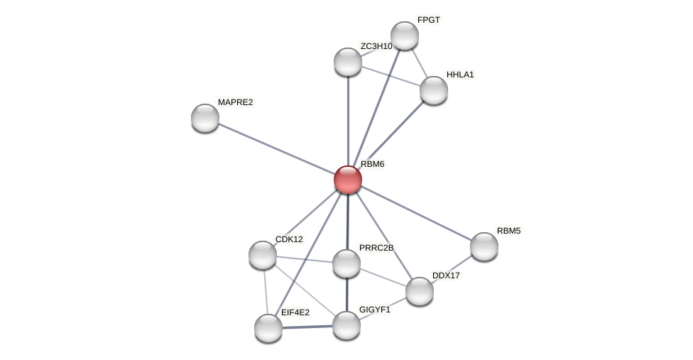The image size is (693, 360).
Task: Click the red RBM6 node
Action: [348, 180]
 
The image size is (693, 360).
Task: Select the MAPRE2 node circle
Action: [205, 118]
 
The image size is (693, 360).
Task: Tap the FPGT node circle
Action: [405, 36]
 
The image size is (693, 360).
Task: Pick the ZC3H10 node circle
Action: [348, 62]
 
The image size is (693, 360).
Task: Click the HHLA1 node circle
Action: [434, 90]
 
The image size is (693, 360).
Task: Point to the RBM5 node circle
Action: [484, 246]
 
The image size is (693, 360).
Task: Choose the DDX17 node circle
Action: [420, 291]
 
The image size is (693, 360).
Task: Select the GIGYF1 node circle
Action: [346, 325]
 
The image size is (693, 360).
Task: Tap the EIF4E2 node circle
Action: [268, 328]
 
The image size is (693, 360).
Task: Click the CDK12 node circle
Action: [263, 255]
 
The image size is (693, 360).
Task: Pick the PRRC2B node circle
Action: [346, 263]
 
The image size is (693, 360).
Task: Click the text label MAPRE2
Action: [235, 102]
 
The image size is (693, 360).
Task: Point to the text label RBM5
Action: [508, 231]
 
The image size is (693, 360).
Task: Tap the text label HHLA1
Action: [460, 75]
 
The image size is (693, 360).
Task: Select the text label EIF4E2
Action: [295, 312]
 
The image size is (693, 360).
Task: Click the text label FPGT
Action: [429, 20]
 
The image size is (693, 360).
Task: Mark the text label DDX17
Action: [447, 276]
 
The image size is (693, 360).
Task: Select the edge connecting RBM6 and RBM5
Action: [416, 213]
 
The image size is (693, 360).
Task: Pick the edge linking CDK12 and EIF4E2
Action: [266, 292]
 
